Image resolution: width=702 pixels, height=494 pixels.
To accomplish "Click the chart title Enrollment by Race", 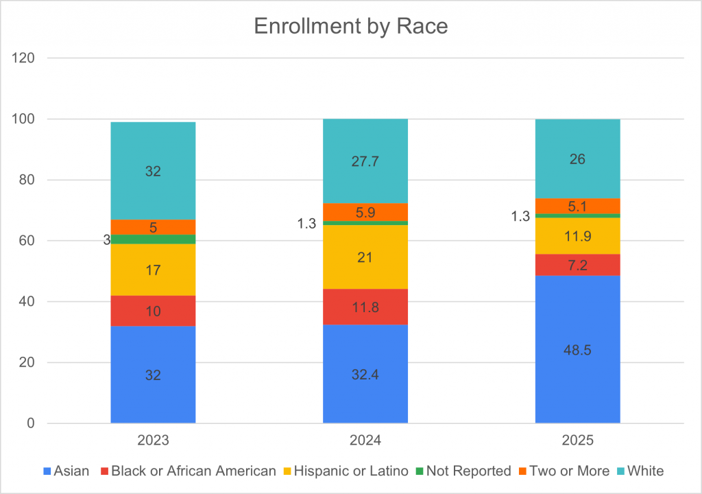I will click(x=350, y=25).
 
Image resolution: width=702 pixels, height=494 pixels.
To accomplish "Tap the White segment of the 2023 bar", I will click(x=153, y=171).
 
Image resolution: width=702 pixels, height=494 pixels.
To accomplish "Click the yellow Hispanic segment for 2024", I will click(x=365, y=257).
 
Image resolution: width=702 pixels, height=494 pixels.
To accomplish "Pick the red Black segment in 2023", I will click(x=153, y=311).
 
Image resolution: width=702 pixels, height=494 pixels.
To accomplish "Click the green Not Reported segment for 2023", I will click(x=153, y=239).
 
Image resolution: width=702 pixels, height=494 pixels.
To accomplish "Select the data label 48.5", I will click(x=577, y=350).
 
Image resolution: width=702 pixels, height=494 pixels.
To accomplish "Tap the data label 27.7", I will click(x=365, y=162).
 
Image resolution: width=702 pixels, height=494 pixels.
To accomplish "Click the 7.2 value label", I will click(x=577, y=264).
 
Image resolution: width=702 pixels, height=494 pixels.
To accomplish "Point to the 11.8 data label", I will click(x=365, y=307).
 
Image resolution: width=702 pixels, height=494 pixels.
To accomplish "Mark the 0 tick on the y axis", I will click(x=30, y=423).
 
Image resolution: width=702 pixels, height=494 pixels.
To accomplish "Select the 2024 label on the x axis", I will click(x=365, y=440).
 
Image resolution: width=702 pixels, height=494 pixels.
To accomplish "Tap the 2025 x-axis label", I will click(x=577, y=440).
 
